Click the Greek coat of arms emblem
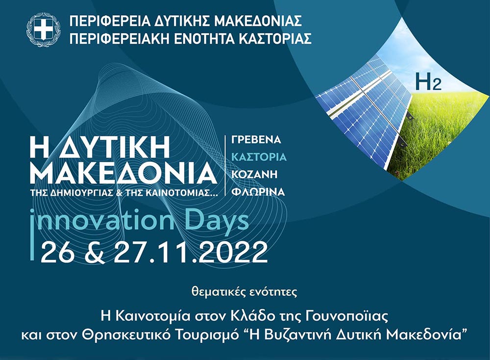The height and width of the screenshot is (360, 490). pos(44,30)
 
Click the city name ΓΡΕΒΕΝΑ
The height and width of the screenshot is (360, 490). pos(256,139)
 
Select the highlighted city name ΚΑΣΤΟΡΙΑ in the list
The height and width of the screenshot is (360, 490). pos(259,156)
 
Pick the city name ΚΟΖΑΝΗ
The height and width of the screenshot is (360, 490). pos(254,174)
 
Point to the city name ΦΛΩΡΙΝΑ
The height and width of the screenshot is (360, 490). pos(258,191)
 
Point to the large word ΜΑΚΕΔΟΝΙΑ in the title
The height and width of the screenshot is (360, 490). pos(123,173)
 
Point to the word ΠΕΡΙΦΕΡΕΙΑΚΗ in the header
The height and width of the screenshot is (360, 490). pos(120,38)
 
